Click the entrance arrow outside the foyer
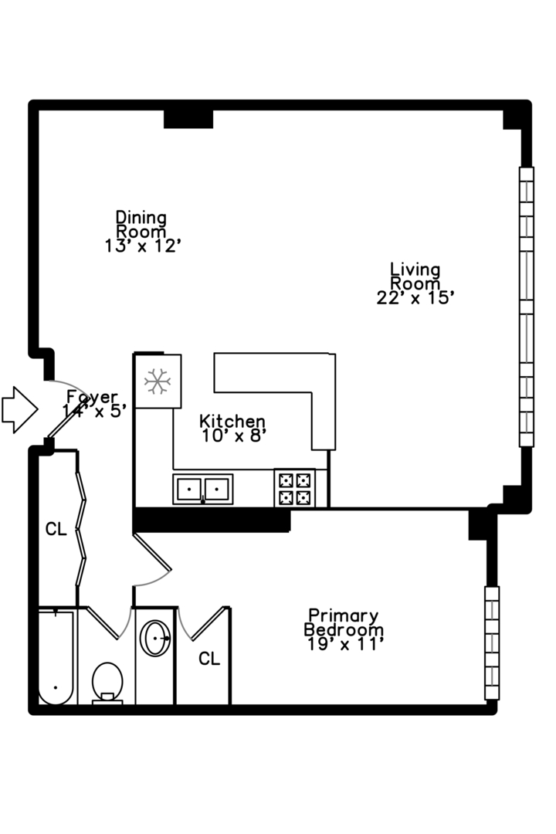[x=19, y=409]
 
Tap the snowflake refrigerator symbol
[x=158, y=381]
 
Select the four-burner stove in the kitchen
[x=295, y=488]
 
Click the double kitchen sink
[x=203, y=489]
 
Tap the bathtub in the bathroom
[x=56, y=657]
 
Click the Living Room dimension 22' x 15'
[x=415, y=298]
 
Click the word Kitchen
[x=232, y=422]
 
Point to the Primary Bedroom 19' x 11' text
[x=344, y=630]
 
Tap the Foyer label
[x=92, y=397]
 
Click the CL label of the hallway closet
[x=56, y=529]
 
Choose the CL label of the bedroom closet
[x=209, y=659]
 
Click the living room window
[x=526, y=307]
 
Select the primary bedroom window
[x=492, y=642]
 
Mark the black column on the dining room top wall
[x=188, y=119]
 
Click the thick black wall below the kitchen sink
[x=212, y=520]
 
